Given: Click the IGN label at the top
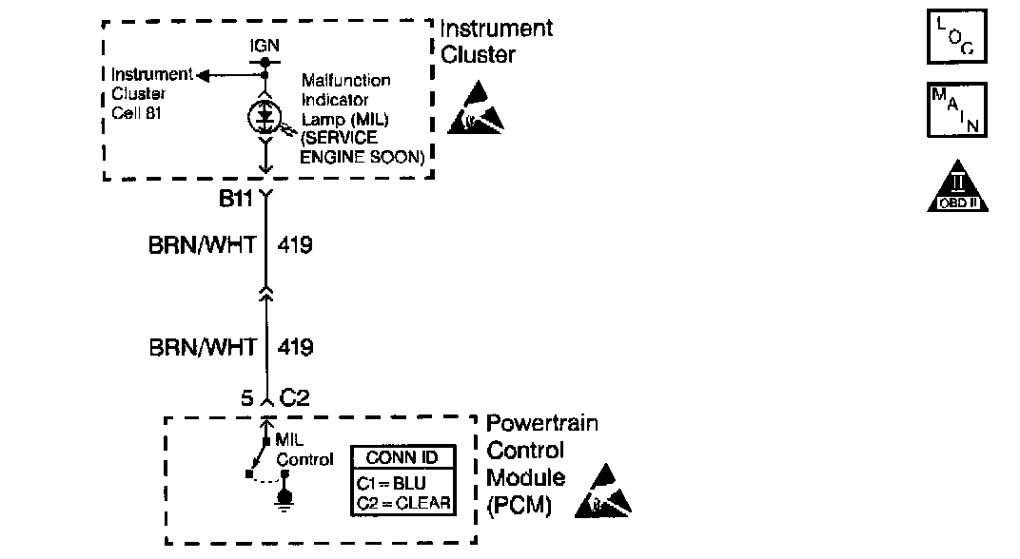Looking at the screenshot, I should pyautogui.click(x=264, y=45).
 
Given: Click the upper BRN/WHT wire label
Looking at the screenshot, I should pyautogui.click(x=203, y=245).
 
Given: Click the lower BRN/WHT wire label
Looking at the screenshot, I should pyautogui.click(x=203, y=347).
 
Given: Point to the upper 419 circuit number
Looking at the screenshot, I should pyautogui.click(x=294, y=245).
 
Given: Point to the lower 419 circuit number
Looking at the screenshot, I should pyautogui.click(x=294, y=347).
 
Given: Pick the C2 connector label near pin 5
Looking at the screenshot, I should pyautogui.click(x=294, y=399).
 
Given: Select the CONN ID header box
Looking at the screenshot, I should pyautogui.click(x=403, y=456).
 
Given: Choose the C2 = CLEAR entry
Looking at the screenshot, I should pyautogui.click(x=402, y=502).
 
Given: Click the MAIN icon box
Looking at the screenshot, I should pyautogui.click(x=957, y=110).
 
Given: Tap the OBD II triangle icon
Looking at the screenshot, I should pyautogui.click(x=958, y=186).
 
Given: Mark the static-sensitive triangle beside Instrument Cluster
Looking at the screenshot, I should pyautogui.click(x=481, y=106).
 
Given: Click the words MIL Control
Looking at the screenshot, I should pyautogui.click(x=304, y=450).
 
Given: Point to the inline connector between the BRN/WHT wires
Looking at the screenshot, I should pyautogui.click(x=266, y=296).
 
